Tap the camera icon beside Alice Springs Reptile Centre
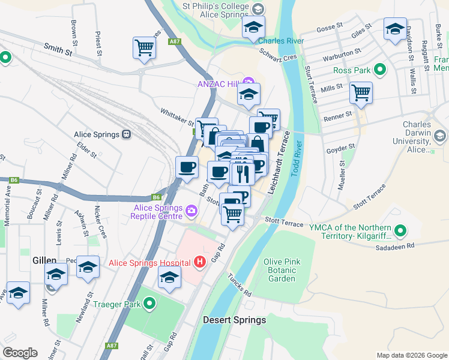(x=191, y=210)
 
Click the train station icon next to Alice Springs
(x=127, y=134)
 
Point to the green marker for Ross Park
(x=379, y=70)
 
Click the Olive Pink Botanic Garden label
(x=282, y=270)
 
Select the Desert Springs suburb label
(x=234, y=320)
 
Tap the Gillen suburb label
(x=44, y=261)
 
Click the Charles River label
(x=280, y=41)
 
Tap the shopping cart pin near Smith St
(x=144, y=47)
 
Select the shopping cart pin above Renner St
(x=361, y=92)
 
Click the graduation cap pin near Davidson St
(x=395, y=28)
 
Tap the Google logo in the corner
(x=20, y=353)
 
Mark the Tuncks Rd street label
(x=240, y=285)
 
